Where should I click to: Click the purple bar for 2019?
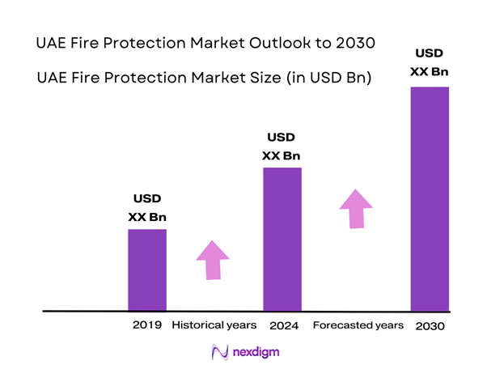point(147,270)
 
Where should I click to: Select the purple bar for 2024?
point(282,239)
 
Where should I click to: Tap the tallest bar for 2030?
point(430,198)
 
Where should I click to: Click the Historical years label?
point(214,325)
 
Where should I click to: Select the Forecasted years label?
point(358,325)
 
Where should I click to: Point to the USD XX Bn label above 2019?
point(147,207)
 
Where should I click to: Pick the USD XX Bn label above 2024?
point(282,146)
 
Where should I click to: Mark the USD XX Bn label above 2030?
point(429,62)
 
